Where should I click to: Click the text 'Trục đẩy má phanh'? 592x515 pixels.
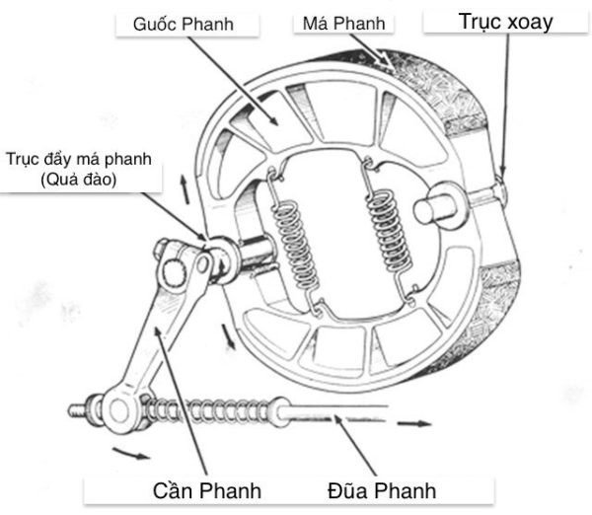pos(78,161)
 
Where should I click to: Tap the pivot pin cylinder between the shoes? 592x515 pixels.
pos(440,208)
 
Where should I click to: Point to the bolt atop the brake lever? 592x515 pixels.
pos(177,268)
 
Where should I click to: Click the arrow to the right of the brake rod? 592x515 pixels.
pos(414,422)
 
